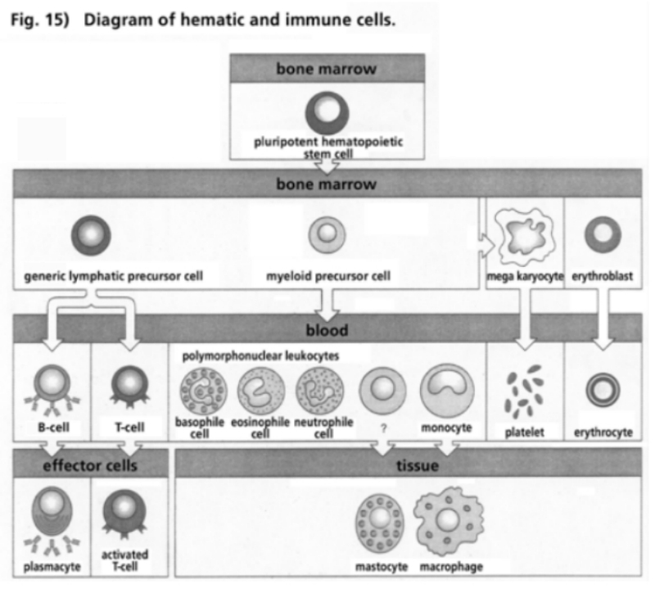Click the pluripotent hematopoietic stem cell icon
coord(327,114)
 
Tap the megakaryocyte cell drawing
coord(522,238)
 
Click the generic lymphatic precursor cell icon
coord(90,235)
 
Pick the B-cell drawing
coord(52,387)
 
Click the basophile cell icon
coord(198,388)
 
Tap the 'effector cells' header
coord(90,465)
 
